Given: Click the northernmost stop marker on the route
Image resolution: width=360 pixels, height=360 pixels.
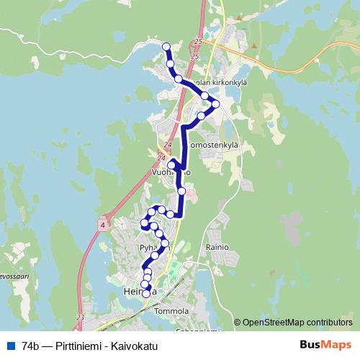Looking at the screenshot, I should click(166, 47).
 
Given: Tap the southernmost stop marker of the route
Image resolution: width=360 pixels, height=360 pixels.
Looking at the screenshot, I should click(146, 293).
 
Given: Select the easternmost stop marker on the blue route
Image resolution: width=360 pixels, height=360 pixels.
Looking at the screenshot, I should click(214, 104).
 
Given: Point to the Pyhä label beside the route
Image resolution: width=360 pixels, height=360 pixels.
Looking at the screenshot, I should click(148, 246).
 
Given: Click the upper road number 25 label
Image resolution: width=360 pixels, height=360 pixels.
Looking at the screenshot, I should click(197, 43).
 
